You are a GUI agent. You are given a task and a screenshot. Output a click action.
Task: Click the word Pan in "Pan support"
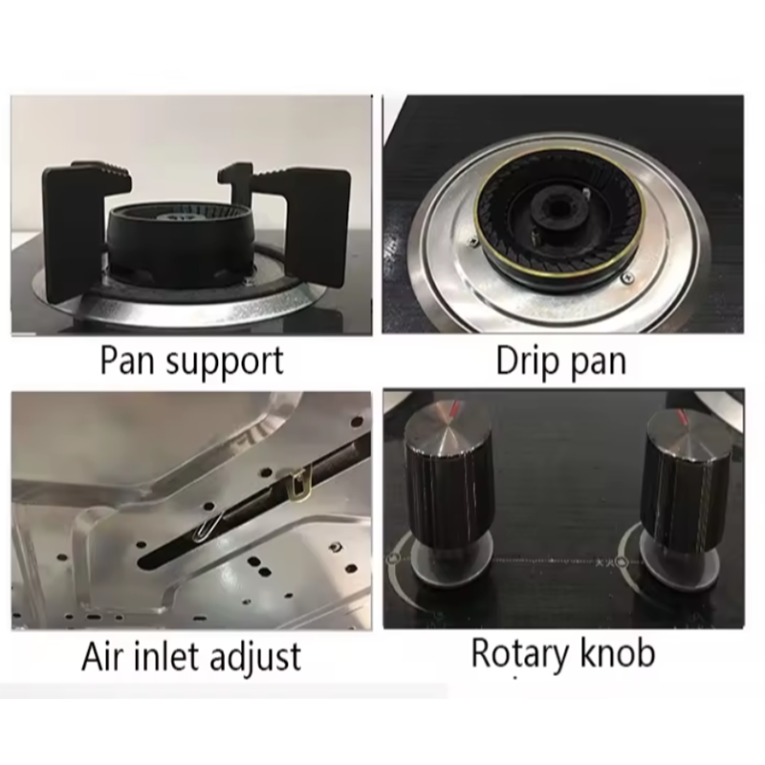(128, 361)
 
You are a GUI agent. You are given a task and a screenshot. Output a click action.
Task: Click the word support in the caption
(225, 363)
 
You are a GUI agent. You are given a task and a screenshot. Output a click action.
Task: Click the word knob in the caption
(616, 653)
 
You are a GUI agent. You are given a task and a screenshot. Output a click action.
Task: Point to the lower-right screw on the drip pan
(627, 277)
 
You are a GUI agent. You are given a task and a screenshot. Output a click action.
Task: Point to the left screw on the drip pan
(472, 241)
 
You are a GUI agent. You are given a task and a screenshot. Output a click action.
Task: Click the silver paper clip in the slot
(208, 527)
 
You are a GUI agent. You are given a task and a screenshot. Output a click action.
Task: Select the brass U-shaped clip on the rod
(298, 483)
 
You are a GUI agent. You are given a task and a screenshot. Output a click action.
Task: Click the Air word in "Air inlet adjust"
(103, 656)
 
